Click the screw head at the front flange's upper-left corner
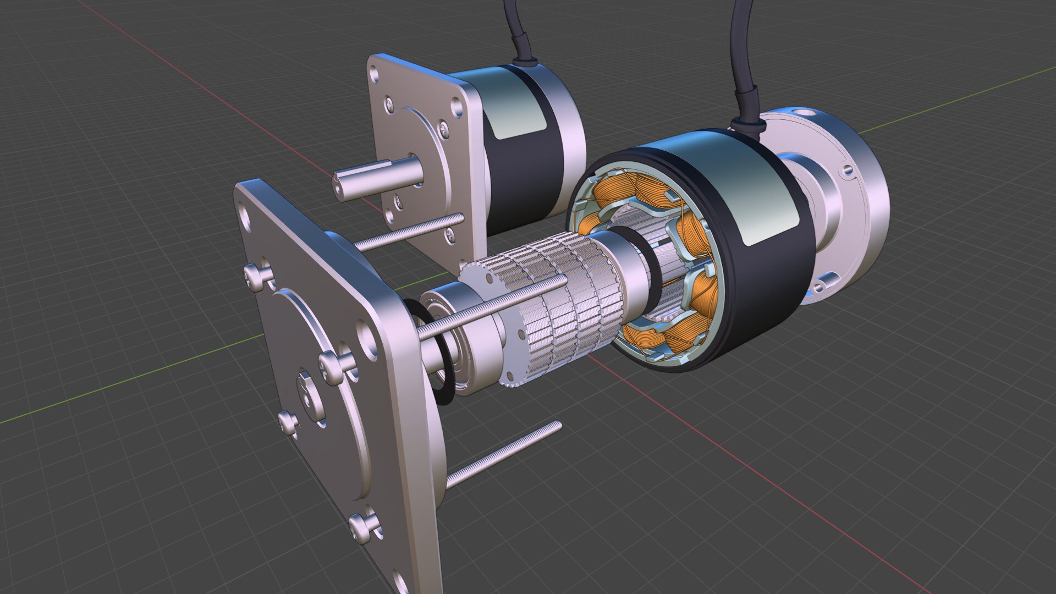click(x=256, y=275)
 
